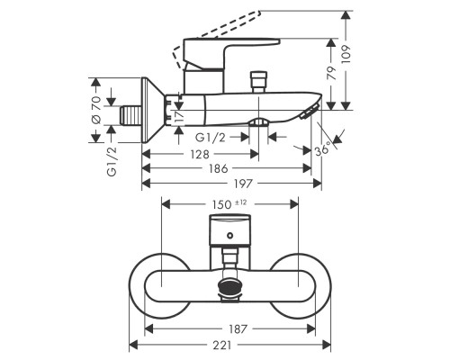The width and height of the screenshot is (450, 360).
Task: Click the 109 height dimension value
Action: [346, 55]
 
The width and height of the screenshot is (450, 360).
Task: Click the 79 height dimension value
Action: [331, 74]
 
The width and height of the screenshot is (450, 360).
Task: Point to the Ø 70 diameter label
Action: [95, 110]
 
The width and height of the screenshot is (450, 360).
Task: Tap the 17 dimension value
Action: [179, 117]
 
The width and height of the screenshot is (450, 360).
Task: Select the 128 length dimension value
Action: [200, 155]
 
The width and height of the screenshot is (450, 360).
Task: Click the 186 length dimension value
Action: [219, 169]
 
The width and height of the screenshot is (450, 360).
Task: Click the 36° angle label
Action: [323, 148]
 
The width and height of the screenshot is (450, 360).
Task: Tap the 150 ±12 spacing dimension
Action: [229, 204]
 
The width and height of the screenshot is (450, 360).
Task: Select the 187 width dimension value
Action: [238, 329]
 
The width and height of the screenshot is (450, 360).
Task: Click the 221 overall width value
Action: [222, 345]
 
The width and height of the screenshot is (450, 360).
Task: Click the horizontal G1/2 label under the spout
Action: [211, 138]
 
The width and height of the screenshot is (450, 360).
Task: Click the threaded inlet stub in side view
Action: [130, 115]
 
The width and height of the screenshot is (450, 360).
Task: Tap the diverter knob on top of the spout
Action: [259, 82]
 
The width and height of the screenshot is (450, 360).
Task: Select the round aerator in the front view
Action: [230, 286]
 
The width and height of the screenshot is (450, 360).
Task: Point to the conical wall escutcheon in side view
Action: [152, 110]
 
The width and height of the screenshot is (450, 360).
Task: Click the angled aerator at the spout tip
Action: [310, 112]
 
